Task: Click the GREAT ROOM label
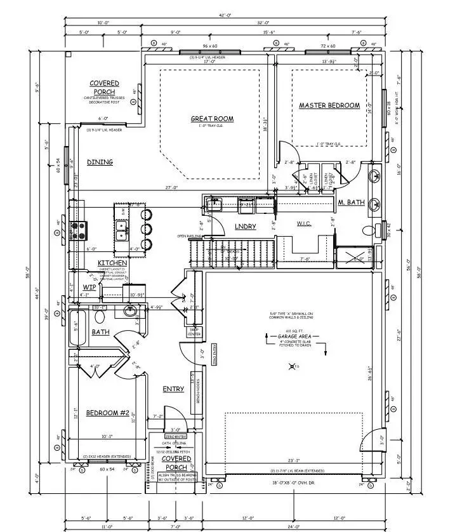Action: pos(212,119)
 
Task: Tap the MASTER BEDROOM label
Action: pos(329,105)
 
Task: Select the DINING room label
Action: pos(100,162)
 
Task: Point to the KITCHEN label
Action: pos(112,263)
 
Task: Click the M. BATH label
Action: pos(350,203)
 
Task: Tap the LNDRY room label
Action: pos(245,226)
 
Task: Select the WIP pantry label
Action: pos(89,287)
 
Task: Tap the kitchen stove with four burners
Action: pos(79,229)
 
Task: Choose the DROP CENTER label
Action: pos(194,331)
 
